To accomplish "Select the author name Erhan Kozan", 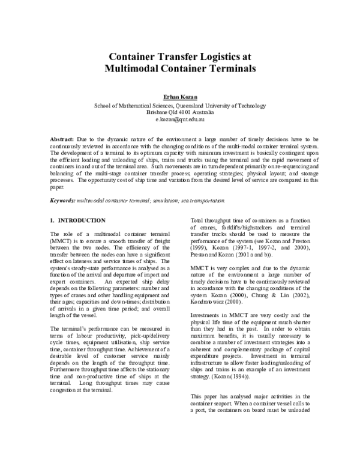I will tap(180, 96).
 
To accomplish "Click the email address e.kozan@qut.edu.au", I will tap(180, 120).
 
